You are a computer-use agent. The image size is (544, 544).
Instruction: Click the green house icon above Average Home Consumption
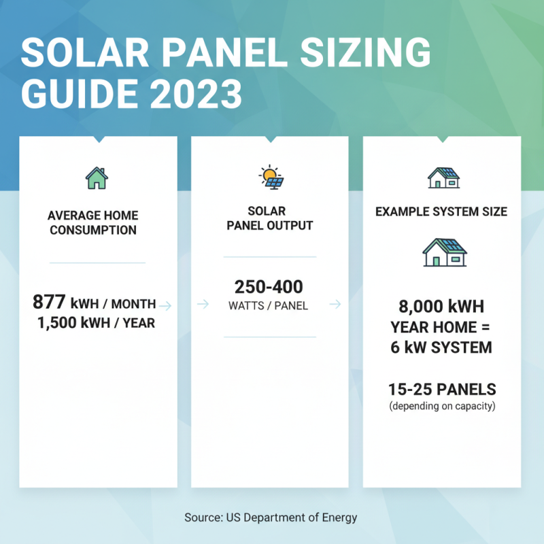point(97,178)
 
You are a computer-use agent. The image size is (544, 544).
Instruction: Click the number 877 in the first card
point(49,303)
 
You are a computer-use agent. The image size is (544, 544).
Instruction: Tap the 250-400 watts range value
point(269,286)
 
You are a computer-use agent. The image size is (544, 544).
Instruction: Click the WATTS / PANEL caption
point(269,306)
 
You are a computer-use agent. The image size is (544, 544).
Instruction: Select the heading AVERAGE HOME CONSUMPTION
point(92,222)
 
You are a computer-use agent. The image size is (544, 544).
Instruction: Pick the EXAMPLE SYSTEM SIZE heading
point(441,211)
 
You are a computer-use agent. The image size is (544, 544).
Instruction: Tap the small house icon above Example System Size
point(443,177)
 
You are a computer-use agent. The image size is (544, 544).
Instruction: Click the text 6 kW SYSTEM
point(442,347)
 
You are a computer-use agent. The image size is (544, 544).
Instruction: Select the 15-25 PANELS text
point(442,390)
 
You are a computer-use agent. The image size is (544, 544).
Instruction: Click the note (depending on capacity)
point(442,407)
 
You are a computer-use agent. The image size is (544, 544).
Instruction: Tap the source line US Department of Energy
point(271,517)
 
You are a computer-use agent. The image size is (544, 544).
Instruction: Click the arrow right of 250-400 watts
point(335,304)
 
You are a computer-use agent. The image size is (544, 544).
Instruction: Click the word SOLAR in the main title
point(85,52)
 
